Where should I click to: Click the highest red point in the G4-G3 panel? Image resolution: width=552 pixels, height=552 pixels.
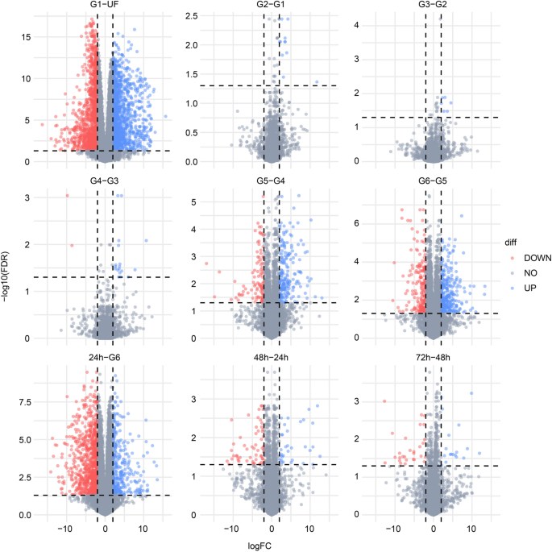coord(68,196)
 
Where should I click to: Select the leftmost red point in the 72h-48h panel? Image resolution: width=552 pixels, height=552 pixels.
coord(384,401)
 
